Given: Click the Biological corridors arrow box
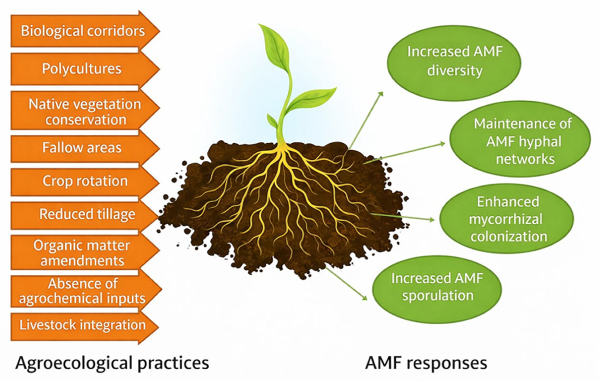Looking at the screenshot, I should point(83,31).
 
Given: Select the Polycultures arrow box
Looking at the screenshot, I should point(82,69).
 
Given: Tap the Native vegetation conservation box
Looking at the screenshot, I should point(84,112).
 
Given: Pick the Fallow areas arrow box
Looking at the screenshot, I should point(82,148).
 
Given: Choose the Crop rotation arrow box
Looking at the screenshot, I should point(85,181).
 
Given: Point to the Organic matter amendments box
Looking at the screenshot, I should point(82,253).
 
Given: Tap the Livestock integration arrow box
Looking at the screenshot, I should point(82,325).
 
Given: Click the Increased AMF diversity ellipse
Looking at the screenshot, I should point(454,63).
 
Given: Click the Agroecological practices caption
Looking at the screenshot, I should point(112,363).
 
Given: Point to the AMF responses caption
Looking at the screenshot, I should point(426,363).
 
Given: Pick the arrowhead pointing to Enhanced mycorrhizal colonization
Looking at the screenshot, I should point(432,219).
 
